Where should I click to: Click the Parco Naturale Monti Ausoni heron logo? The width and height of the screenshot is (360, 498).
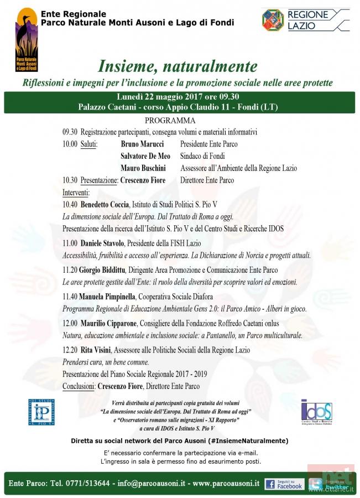(26, 39)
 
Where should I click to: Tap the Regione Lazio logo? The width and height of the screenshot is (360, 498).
(305, 20)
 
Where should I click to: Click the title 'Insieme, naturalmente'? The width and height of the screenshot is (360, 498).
(178, 66)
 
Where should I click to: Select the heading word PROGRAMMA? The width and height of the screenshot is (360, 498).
(170, 121)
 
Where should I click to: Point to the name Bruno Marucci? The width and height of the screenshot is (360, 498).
(142, 144)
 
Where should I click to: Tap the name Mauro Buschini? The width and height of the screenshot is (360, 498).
(143, 168)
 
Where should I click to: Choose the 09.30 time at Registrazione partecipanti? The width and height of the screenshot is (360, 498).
(70, 132)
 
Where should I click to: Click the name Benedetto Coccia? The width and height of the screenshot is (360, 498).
(105, 204)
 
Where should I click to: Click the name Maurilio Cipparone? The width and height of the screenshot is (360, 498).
(109, 323)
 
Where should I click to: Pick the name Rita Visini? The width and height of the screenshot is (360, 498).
(95, 350)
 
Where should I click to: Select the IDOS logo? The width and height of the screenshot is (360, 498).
(316, 411)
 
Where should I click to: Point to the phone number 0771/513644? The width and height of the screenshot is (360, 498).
(82, 483)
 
